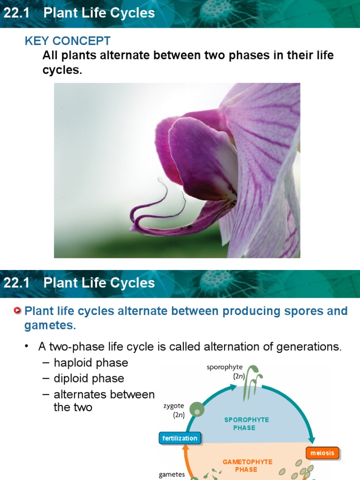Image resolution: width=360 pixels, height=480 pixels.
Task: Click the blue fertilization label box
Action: click(x=180, y=438)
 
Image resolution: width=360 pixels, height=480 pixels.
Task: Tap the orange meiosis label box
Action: click(x=322, y=453)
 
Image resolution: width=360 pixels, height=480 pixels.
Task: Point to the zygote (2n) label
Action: click(x=174, y=410)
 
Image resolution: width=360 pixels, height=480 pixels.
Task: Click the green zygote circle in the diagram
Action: click(x=197, y=409)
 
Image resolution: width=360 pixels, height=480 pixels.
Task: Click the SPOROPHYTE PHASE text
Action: click(x=246, y=424)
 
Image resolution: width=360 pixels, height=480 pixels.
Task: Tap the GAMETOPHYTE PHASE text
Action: click(x=247, y=465)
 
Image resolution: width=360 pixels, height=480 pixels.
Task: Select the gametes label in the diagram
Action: click(x=172, y=475)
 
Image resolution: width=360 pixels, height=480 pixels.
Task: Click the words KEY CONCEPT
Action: click(x=67, y=41)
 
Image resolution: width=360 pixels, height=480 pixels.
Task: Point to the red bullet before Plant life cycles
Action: click(x=18, y=311)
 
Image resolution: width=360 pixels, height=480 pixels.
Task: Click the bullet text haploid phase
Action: click(x=90, y=363)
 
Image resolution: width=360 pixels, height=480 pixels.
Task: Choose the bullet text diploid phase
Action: click(x=89, y=378)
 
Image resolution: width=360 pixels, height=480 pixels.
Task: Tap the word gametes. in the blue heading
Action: click(x=50, y=325)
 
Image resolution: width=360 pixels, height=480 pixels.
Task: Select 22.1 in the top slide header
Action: click(x=16, y=13)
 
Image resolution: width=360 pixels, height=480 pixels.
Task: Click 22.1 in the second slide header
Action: click(x=16, y=283)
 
